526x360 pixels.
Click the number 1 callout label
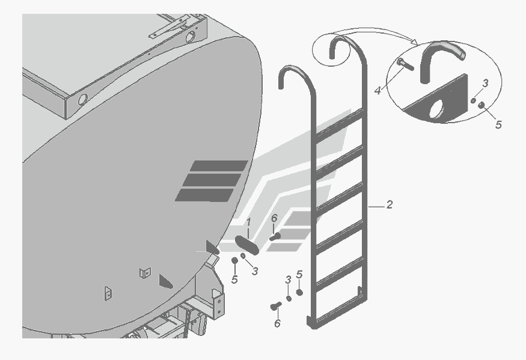(249, 222)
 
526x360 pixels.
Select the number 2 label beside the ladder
(389, 204)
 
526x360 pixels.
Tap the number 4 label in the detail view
(378, 90)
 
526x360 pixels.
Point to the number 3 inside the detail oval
(485, 83)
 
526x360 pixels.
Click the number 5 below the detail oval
(498, 124)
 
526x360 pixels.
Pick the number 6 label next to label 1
(274, 218)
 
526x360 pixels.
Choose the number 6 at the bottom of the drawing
(277, 323)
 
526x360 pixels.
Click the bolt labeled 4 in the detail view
(405, 64)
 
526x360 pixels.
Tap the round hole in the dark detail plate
(436, 108)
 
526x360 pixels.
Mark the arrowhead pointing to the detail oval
(415, 42)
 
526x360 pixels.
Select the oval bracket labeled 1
(247, 245)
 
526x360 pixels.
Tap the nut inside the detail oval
(482, 105)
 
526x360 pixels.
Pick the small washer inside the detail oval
(473, 100)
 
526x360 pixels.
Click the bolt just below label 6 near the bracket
(275, 237)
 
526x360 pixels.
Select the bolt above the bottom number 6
(276, 306)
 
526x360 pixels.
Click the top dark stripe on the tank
(219, 166)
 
